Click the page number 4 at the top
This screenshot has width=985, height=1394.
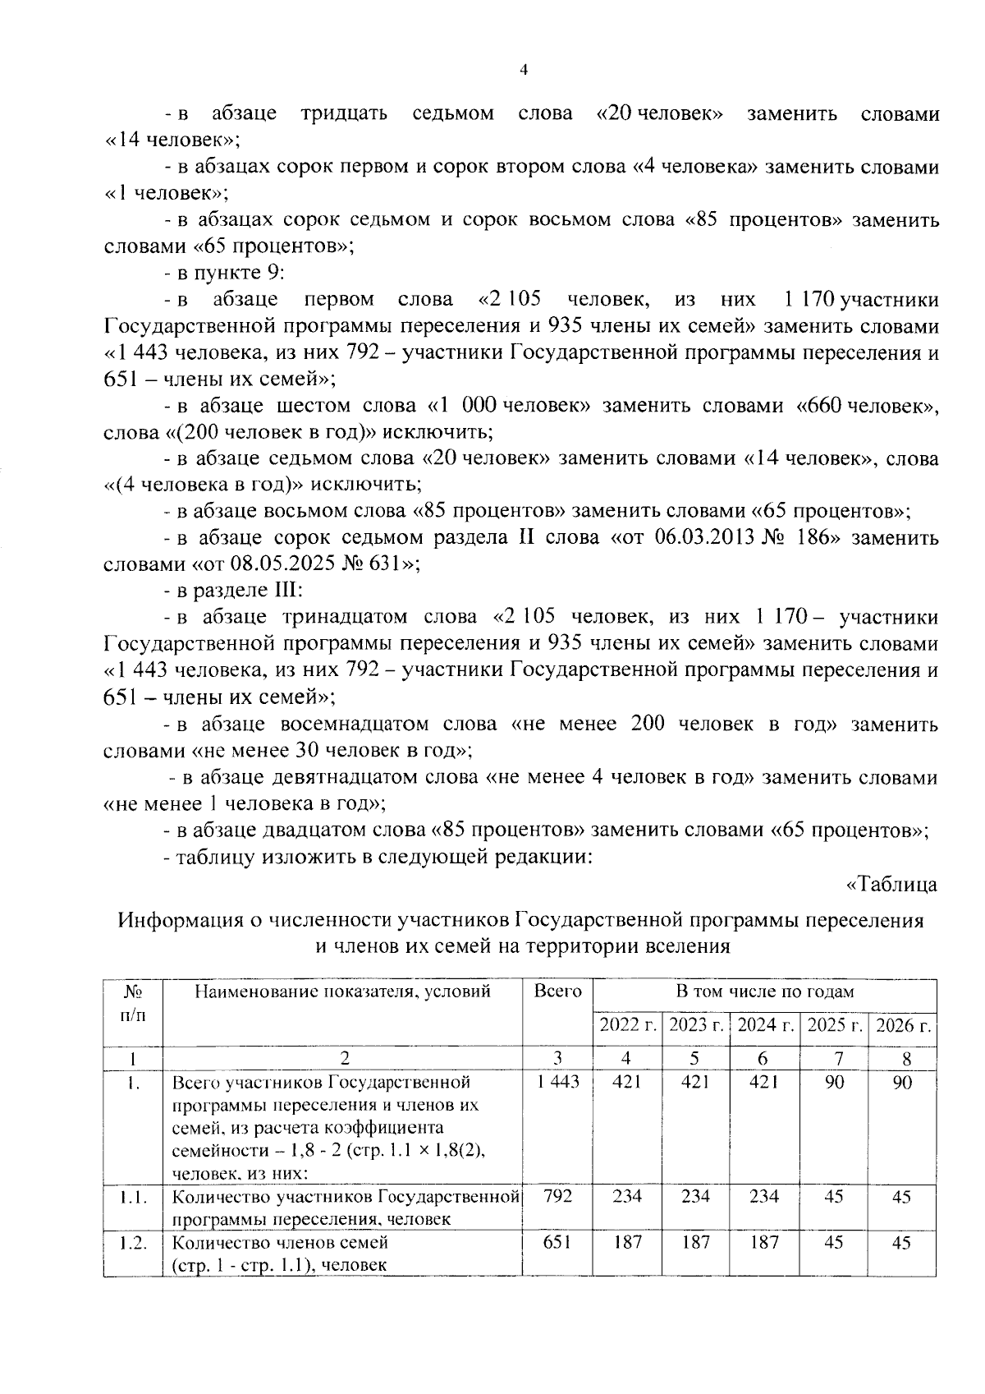click(x=524, y=71)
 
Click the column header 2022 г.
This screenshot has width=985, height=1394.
click(x=627, y=1025)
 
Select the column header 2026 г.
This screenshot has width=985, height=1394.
click(x=902, y=1025)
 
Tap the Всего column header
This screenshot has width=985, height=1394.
click(x=557, y=991)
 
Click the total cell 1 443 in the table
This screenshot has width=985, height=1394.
click(x=557, y=1083)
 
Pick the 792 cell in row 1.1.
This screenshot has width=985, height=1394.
click(x=557, y=1196)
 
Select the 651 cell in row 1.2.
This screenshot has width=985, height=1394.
click(x=557, y=1242)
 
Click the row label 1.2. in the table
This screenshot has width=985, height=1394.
click(x=132, y=1242)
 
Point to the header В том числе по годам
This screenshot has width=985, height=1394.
click(x=764, y=991)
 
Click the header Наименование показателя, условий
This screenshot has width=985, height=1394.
click(x=342, y=991)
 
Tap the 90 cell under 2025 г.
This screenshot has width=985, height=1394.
click(x=834, y=1083)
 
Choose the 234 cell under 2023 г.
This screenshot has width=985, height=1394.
click(x=695, y=1196)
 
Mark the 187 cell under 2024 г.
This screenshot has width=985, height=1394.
click(x=764, y=1242)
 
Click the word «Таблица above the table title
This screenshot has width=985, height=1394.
click(x=892, y=886)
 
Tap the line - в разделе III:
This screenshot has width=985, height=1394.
click(x=234, y=591)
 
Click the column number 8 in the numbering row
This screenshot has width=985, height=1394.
click(x=902, y=1058)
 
